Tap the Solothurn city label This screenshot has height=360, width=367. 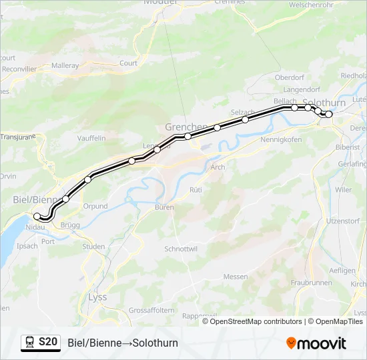pyautogui.click(x=324, y=103)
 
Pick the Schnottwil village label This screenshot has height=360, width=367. pyautogui.click(x=181, y=249)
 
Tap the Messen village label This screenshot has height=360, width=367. pyautogui.click(x=236, y=277)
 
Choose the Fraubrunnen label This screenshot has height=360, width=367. pyautogui.click(x=311, y=283)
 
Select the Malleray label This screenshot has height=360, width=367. pyautogui.click(x=65, y=66)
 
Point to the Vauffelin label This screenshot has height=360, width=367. pyautogui.click(x=91, y=138)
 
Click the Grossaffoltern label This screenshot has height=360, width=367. pyautogui.click(x=151, y=311)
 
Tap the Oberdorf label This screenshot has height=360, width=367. pyautogui.click(x=290, y=77)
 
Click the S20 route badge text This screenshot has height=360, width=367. pyautogui.click(x=48, y=342)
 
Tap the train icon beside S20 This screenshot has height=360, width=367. pyautogui.click(x=30, y=343)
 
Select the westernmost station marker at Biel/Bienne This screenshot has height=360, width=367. pyautogui.click(x=37, y=216)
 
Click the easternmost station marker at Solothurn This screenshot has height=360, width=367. pyautogui.click(x=328, y=114)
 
